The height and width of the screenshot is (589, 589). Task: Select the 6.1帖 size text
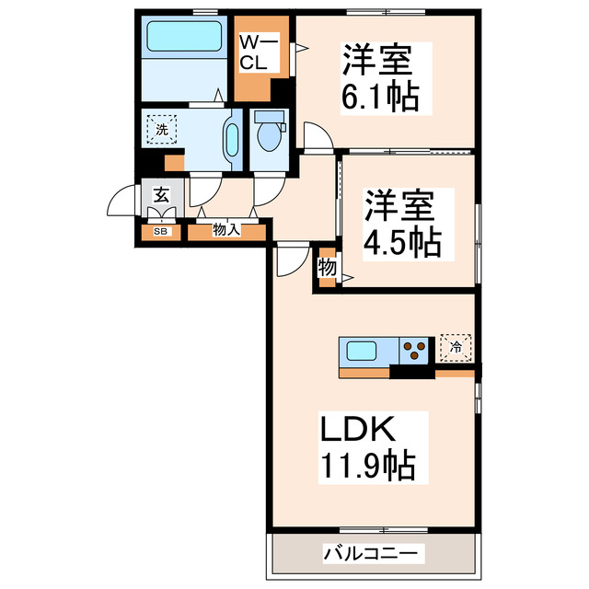click(381, 95)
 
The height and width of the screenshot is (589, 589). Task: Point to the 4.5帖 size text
click(402, 241)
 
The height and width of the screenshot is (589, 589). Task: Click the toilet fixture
click(269, 133)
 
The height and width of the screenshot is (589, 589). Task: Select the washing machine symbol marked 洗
click(162, 129)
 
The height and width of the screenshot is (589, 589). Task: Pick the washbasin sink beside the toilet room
click(231, 141)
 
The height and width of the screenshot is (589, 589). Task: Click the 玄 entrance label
click(161, 196)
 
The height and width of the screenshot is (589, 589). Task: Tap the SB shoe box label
click(161, 231)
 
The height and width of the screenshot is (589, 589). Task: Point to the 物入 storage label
click(226, 230)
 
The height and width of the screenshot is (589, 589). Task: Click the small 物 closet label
click(325, 268)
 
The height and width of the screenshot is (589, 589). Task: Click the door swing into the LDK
click(288, 260)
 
